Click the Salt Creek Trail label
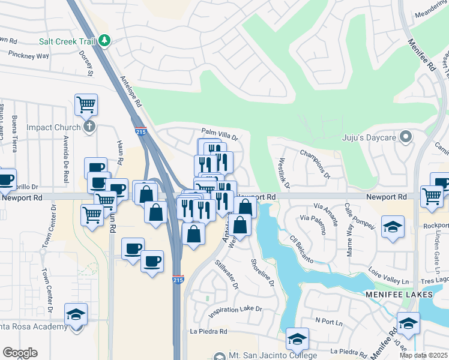tap(67, 41)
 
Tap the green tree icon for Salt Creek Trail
tap(105, 40)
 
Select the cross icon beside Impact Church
tap(89, 127)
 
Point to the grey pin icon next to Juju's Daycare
tap(406, 137)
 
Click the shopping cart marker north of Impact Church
tap(86, 104)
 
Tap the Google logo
tap(20, 352)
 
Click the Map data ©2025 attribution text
tap(423, 355)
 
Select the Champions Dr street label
tap(315, 163)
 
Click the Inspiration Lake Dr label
tap(235, 310)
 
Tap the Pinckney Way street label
tap(28, 55)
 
